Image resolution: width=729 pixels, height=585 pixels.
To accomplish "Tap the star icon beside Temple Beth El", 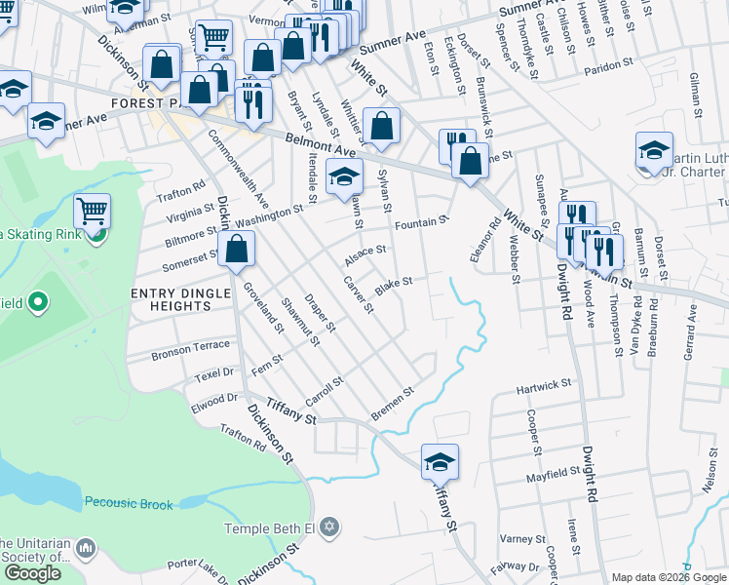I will pos(329,527).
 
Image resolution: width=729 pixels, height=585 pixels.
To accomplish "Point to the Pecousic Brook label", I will pos(129,504).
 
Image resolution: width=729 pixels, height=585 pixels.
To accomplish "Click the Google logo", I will pos(32,573).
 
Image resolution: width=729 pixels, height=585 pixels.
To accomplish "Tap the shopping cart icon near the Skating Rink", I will pos(92,211).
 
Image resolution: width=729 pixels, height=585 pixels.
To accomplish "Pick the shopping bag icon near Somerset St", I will pos(237,249).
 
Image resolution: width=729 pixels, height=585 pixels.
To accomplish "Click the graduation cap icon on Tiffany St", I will pos(440,461).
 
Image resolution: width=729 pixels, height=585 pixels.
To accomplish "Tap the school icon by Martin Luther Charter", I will pos(654,150).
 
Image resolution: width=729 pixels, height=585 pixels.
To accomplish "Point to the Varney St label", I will pos(522,539).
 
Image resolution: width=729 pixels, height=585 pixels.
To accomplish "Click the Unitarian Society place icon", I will pos(86,550).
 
